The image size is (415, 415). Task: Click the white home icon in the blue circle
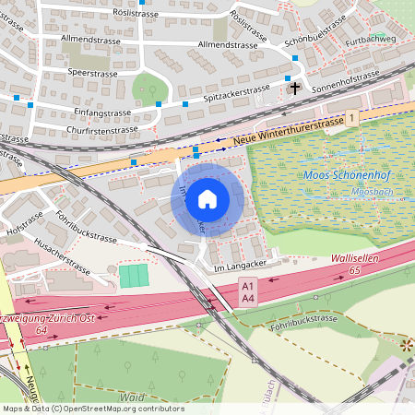pos(207,198)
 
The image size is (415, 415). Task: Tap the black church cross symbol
pos(295,89)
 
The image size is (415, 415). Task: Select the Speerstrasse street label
pos(92,72)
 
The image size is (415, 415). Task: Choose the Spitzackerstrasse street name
pos(232,93)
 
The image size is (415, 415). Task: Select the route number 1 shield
pos(351,117)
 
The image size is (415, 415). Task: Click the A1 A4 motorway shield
pos(247,293)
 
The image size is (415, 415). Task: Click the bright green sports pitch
pos(134,275)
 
